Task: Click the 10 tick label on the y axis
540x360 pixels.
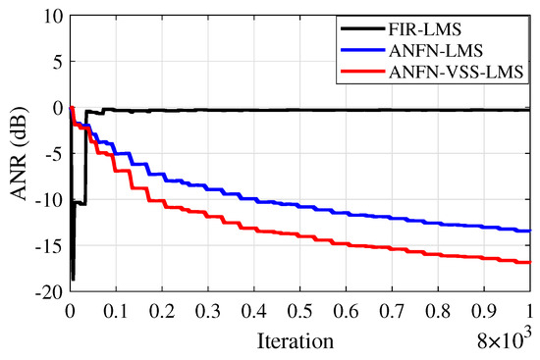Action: [x=52, y=17]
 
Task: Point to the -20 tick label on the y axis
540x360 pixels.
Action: [x=48, y=292]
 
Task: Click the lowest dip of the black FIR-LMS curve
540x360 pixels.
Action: [x=73, y=279]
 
